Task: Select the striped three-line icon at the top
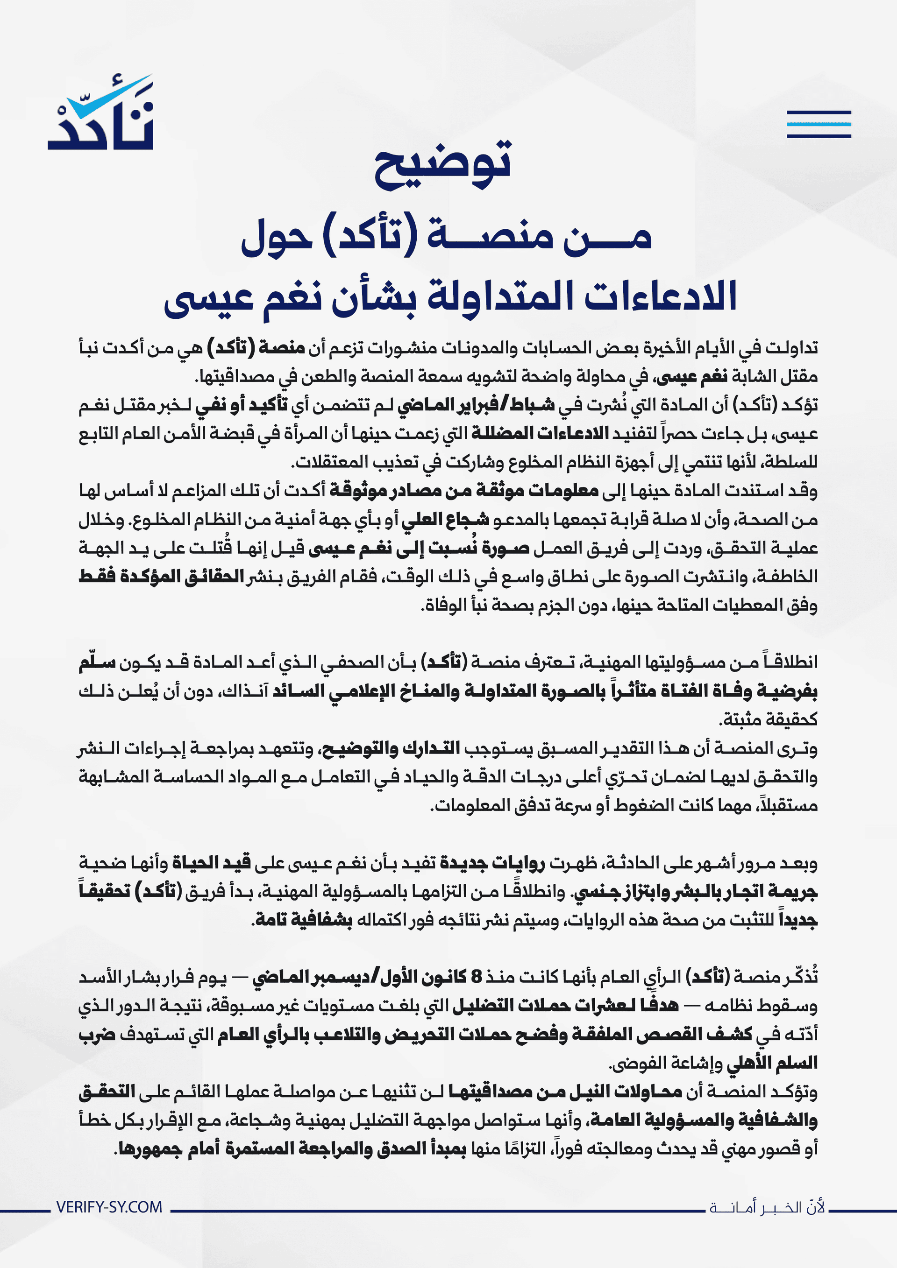819,124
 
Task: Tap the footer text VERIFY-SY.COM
109,1207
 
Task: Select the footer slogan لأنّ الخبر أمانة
767,1207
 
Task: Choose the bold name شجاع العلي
445,519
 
